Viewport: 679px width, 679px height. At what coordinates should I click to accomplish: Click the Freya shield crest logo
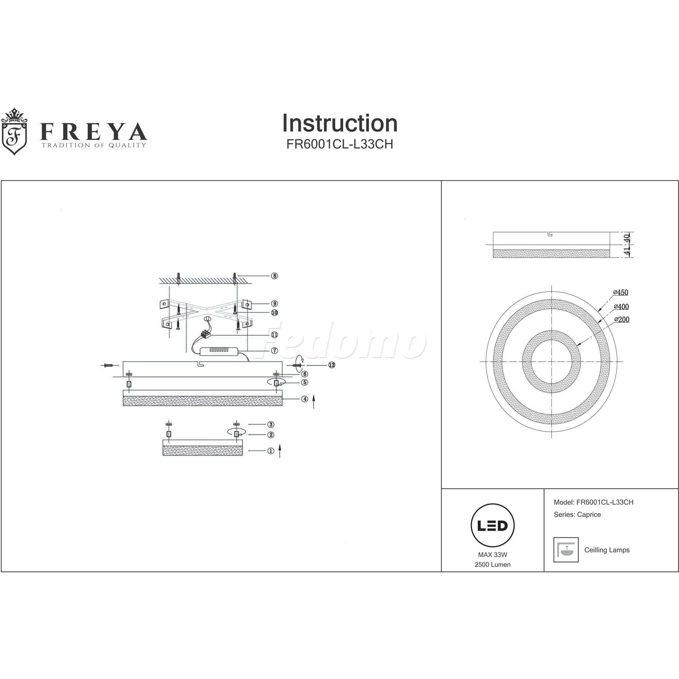[15, 131]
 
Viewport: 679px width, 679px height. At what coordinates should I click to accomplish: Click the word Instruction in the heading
[339, 123]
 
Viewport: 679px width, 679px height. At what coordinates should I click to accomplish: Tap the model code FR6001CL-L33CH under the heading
[339, 144]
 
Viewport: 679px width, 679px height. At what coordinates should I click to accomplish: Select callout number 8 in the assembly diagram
[274, 276]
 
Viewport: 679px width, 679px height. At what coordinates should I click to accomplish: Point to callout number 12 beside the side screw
[331, 365]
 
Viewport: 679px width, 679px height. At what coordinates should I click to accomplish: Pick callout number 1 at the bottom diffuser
[270, 451]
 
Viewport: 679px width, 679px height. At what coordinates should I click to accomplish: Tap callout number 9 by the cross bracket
[274, 304]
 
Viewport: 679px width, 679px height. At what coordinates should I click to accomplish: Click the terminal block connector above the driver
[206, 335]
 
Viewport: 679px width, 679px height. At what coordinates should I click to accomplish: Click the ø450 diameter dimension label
[621, 292]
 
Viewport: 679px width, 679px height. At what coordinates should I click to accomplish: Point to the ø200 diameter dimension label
[621, 319]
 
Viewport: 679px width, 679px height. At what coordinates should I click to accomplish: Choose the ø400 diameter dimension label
[621, 307]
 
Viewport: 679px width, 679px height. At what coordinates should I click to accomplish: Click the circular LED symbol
[492, 526]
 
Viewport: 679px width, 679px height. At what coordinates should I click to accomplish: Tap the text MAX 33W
[492, 555]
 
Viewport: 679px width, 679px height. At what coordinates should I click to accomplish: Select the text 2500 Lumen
[492, 565]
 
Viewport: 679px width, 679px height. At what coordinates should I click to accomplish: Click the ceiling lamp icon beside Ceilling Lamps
[566, 550]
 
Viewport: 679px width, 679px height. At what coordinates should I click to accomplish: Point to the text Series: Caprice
[577, 515]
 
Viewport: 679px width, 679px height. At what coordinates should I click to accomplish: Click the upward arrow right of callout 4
[313, 401]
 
